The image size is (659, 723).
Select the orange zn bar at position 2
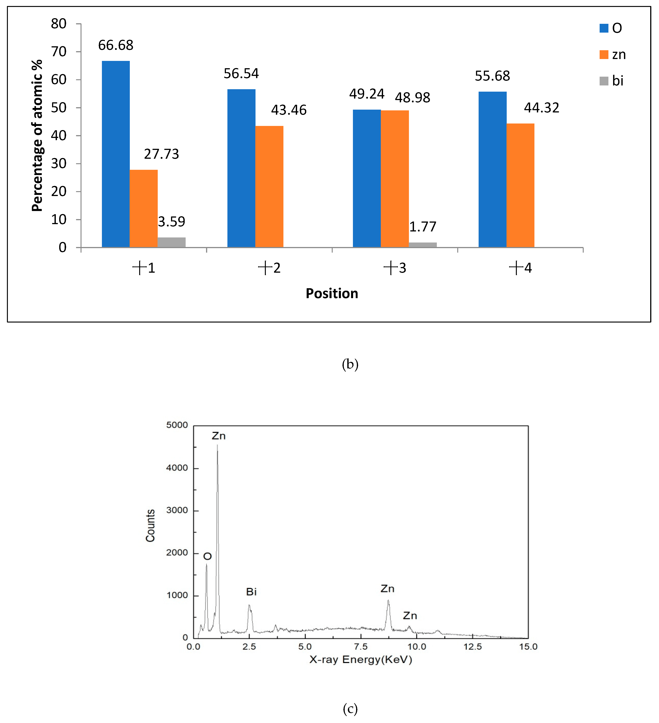[x=269, y=186]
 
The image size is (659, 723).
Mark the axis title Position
[x=332, y=293]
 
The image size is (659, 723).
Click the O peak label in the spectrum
[x=207, y=556]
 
